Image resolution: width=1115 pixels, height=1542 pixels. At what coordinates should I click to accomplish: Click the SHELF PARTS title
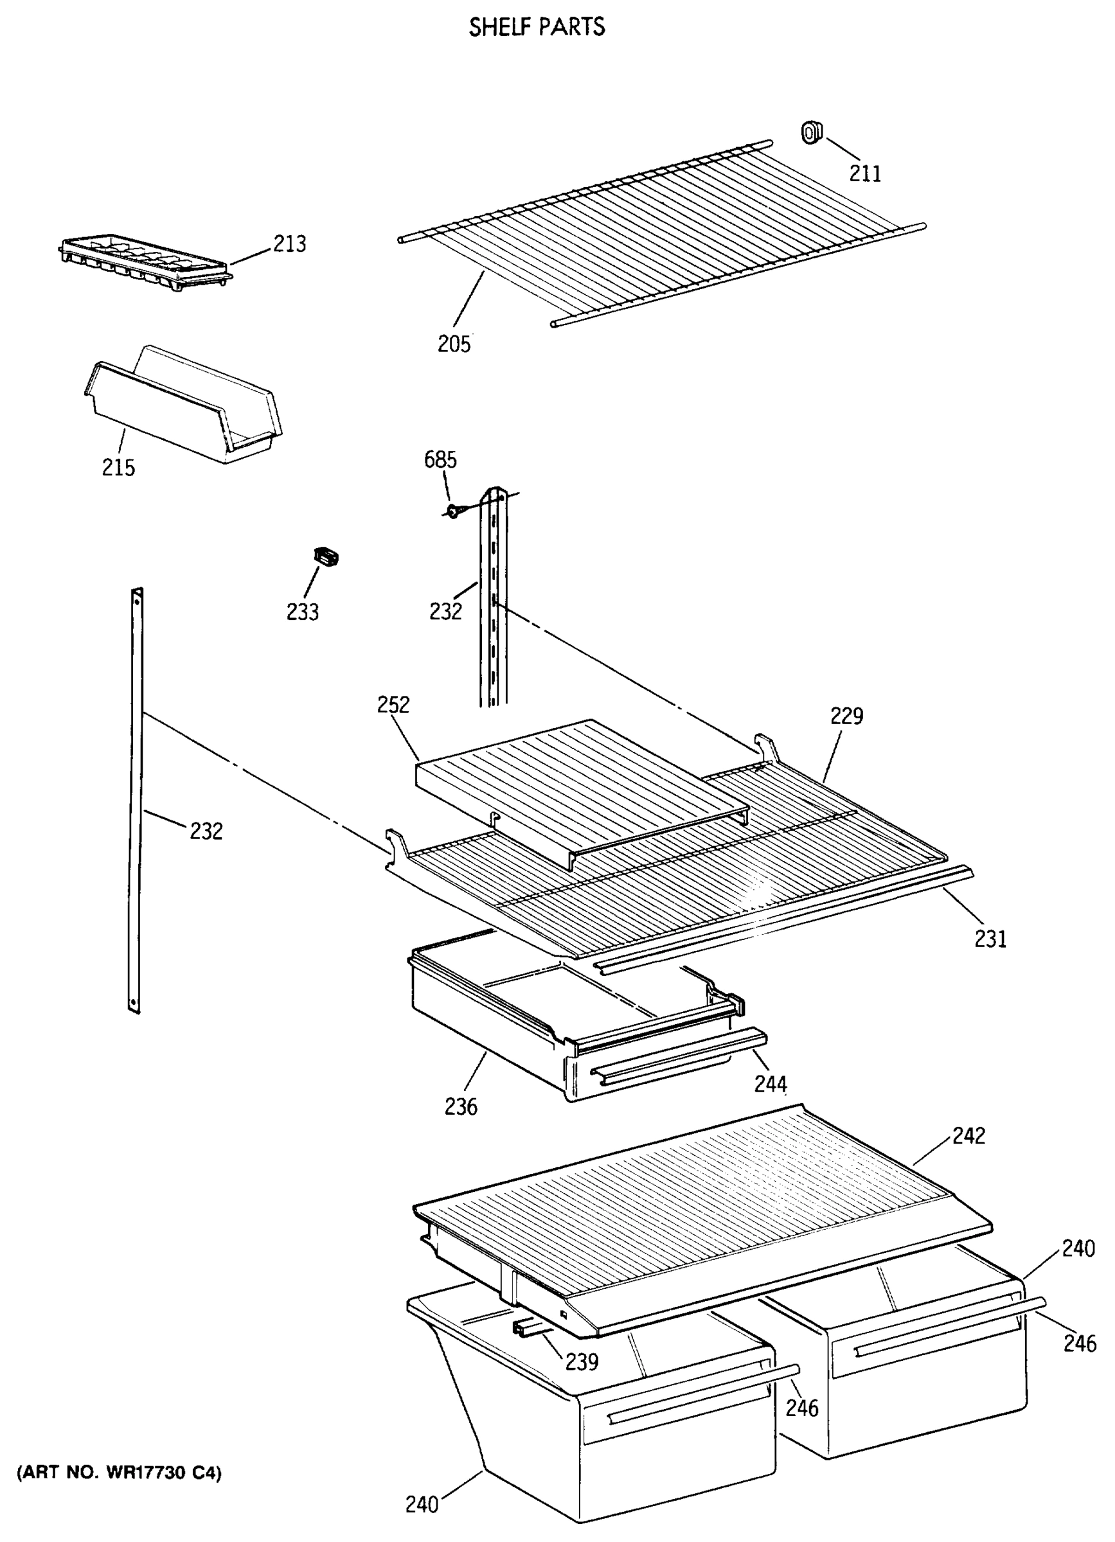[537, 27]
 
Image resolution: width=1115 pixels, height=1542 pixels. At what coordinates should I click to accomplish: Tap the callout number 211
[865, 174]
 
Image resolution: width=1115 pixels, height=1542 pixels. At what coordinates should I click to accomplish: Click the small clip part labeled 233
[326, 557]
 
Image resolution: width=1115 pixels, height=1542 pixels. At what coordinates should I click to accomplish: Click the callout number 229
[846, 716]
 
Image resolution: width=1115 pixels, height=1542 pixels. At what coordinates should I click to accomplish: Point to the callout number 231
[990, 939]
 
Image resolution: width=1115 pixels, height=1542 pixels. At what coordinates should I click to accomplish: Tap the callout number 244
[771, 1084]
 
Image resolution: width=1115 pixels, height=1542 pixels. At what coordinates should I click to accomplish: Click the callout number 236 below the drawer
[461, 1107]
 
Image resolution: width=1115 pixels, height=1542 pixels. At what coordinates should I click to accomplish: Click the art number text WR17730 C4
[120, 1473]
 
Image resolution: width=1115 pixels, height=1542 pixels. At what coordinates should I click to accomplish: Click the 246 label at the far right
[1080, 1343]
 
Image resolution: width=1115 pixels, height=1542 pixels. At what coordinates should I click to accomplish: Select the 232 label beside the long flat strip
[206, 831]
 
